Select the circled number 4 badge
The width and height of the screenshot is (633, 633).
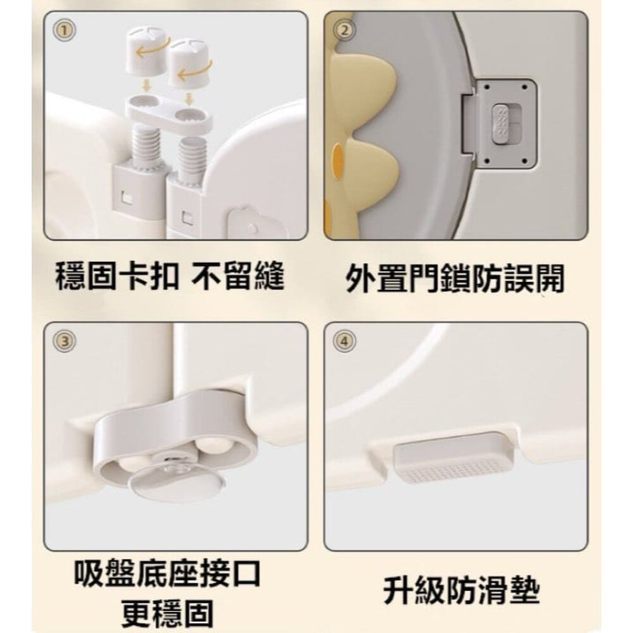coord(344,341)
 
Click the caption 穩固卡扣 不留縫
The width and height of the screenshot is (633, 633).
coord(170,277)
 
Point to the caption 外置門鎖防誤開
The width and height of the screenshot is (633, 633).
coord(454,279)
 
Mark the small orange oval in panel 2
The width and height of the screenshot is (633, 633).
coord(341,156)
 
